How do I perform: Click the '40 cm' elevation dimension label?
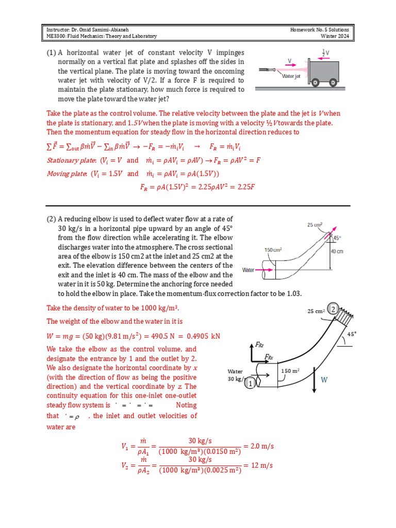337,251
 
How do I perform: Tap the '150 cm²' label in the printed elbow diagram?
273,250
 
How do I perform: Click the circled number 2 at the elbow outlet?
333,309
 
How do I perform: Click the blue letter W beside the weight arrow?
324,380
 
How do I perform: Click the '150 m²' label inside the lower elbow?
290,371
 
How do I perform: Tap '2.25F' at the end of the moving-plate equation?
244,187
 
